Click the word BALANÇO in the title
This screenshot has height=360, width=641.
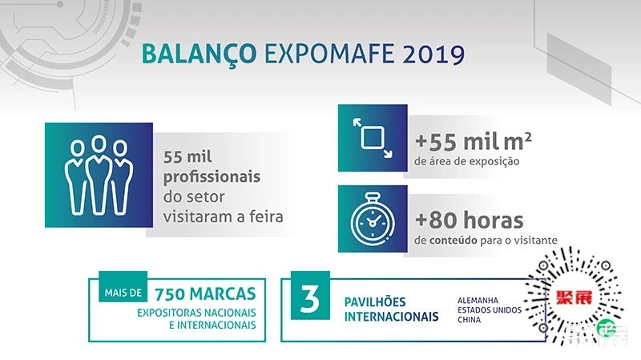pos(199,54)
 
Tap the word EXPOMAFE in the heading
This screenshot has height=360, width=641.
pos(329,53)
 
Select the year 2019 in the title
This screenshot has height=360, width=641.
pos(433,54)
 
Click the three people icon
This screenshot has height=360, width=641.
pos(99,175)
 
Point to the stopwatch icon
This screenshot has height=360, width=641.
pos(373,218)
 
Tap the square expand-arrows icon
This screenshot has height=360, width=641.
pos(373,138)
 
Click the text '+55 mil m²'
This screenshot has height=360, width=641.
pos(473,141)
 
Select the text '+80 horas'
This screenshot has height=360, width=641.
pos(469,220)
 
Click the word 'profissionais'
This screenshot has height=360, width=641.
pos(212,177)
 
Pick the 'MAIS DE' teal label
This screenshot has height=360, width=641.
pos(123,293)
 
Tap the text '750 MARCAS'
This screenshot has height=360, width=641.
pos(205,293)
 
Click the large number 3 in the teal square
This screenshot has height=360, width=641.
pos(310,298)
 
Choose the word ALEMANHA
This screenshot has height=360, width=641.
pos(478,301)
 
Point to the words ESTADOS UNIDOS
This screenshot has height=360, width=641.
pos(490,310)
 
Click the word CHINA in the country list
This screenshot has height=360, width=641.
pos(469,319)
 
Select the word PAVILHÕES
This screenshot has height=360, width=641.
pos(375,302)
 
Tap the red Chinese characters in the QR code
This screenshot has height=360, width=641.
pos(574,297)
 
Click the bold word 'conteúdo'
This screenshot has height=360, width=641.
pos(454,240)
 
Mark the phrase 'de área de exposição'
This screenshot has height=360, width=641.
pos(467,161)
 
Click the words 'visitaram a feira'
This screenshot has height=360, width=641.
pos(224,216)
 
